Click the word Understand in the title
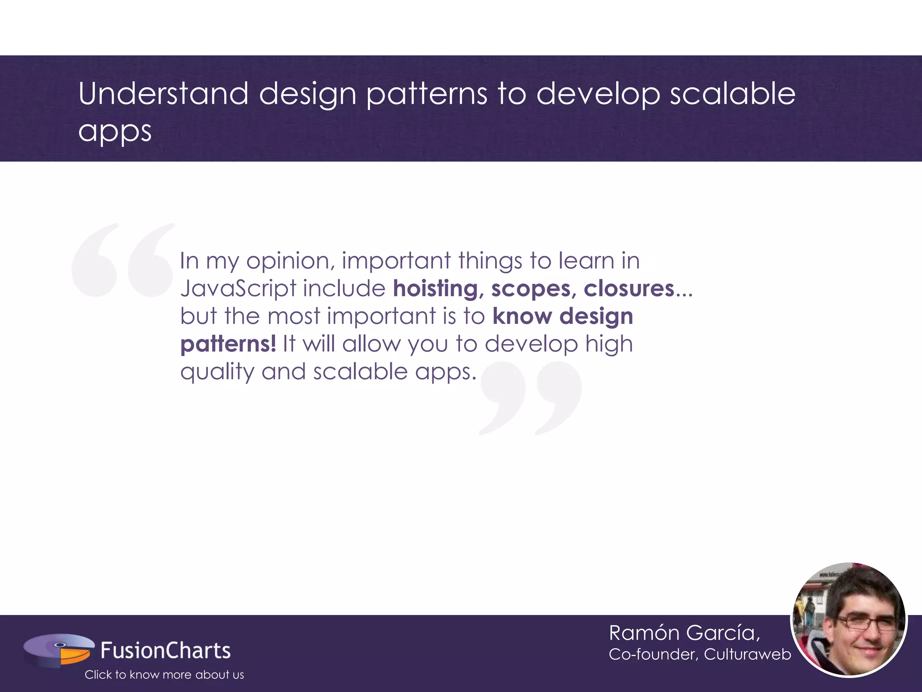[x=163, y=94]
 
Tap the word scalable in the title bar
[x=732, y=94]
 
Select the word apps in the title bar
[x=115, y=132]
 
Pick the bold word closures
[x=629, y=288]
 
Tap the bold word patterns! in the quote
[x=228, y=344]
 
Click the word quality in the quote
[x=217, y=373]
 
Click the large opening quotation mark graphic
[x=122, y=260]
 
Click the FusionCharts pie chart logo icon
[x=59, y=650]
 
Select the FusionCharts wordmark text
[x=165, y=651]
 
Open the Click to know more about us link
[x=164, y=674]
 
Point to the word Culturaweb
[x=747, y=654]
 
